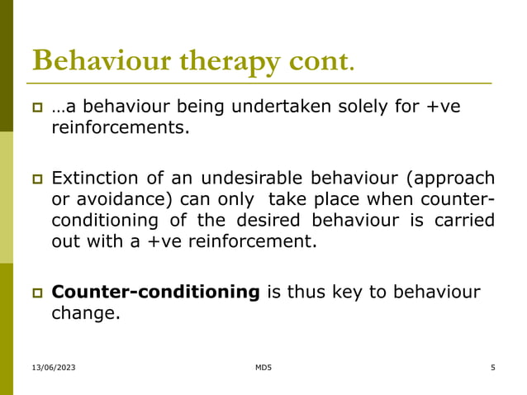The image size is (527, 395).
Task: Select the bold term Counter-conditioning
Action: [155, 292]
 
